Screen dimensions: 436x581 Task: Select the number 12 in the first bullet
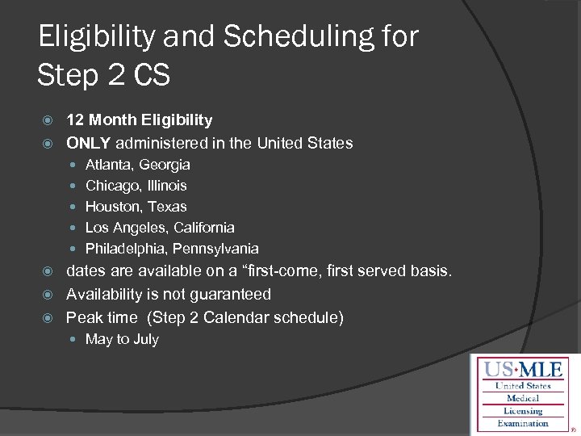(x=75, y=120)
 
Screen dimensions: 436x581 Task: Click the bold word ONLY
(x=88, y=143)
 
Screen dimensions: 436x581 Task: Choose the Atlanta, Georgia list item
(x=138, y=165)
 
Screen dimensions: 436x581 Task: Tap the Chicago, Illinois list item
(x=136, y=186)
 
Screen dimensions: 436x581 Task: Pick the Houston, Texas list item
(x=136, y=207)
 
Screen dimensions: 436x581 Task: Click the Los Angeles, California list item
(x=160, y=228)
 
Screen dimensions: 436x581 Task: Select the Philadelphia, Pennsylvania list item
(x=172, y=249)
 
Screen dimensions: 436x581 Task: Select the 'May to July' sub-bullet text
(x=122, y=340)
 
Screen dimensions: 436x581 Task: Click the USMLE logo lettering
(x=523, y=371)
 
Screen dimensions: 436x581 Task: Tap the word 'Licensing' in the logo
(x=523, y=411)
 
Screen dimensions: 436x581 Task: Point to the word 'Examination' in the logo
(x=523, y=423)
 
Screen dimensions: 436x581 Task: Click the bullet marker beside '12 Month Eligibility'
(x=46, y=121)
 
